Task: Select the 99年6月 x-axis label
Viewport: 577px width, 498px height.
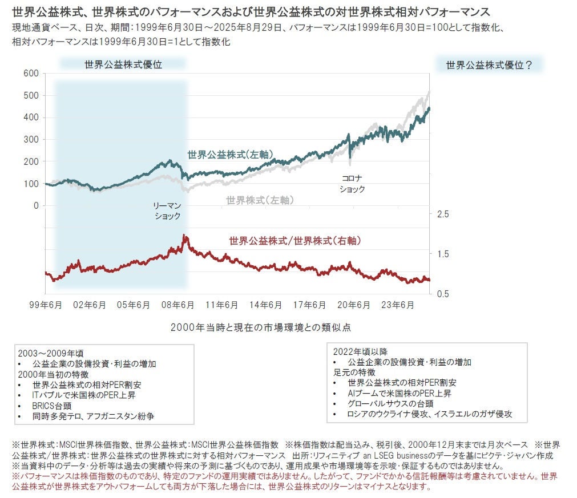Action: [x=45, y=305]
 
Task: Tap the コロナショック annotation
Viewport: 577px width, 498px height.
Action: [x=352, y=184]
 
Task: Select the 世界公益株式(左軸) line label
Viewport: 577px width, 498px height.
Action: [x=231, y=154]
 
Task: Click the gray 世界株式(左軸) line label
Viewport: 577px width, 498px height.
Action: [x=260, y=200]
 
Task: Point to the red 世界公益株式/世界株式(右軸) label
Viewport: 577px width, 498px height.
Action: [x=295, y=241]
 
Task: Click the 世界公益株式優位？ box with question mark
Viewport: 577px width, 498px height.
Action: [x=489, y=65]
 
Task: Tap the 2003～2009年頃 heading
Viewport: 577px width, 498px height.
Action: [x=50, y=353]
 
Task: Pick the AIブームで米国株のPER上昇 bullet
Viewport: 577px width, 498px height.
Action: [x=400, y=393]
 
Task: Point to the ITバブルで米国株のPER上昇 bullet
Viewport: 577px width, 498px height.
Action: [x=84, y=395]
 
